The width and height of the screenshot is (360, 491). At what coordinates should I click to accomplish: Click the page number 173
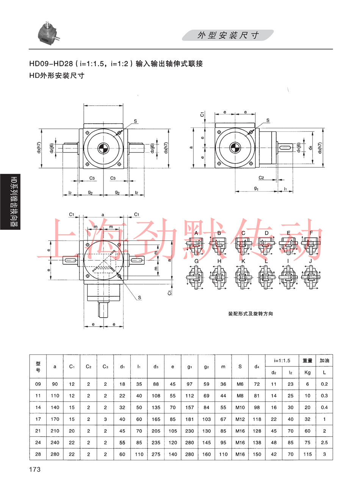coord(34,469)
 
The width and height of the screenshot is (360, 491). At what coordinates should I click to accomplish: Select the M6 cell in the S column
coord(240,384)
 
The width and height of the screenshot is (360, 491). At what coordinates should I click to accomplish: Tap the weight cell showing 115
coord(307,454)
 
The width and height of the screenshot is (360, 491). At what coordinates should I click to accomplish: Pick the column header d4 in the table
coord(257,366)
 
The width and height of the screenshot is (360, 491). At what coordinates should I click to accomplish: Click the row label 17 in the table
coord(38,419)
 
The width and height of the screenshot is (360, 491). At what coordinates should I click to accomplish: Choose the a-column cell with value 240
coord(55,443)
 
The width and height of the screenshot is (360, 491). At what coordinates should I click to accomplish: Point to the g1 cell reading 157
coord(189,408)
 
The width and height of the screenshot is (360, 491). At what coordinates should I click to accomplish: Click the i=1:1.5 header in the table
coord(282,361)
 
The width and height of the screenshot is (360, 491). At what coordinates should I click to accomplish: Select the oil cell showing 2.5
coord(324,443)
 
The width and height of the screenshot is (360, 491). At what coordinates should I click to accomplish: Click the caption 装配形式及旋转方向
coord(250,314)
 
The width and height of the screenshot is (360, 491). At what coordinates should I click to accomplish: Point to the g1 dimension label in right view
coord(257,188)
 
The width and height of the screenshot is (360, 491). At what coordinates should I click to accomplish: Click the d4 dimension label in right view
coord(310,148)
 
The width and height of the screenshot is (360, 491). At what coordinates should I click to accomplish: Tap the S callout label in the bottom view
coord(139,298)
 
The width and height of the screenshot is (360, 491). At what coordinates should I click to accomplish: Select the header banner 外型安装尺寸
coord(228,36)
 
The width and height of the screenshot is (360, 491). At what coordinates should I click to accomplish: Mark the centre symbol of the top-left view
coord(103,148)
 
